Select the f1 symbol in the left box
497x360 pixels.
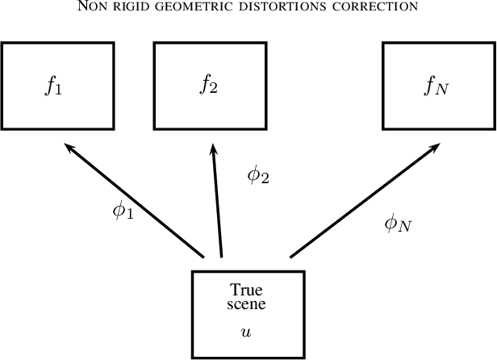tap(54, 85)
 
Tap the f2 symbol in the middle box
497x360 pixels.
tap(208, 84)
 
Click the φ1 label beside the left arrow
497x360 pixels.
tap(123, 211)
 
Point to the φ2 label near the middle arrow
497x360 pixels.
tap(257, 174)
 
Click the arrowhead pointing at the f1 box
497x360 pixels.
tap(70, 148)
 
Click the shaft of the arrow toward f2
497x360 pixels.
tap(218, 202)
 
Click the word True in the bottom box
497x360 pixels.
tap(247, 290)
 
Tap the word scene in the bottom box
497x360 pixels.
tap(247, 304)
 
